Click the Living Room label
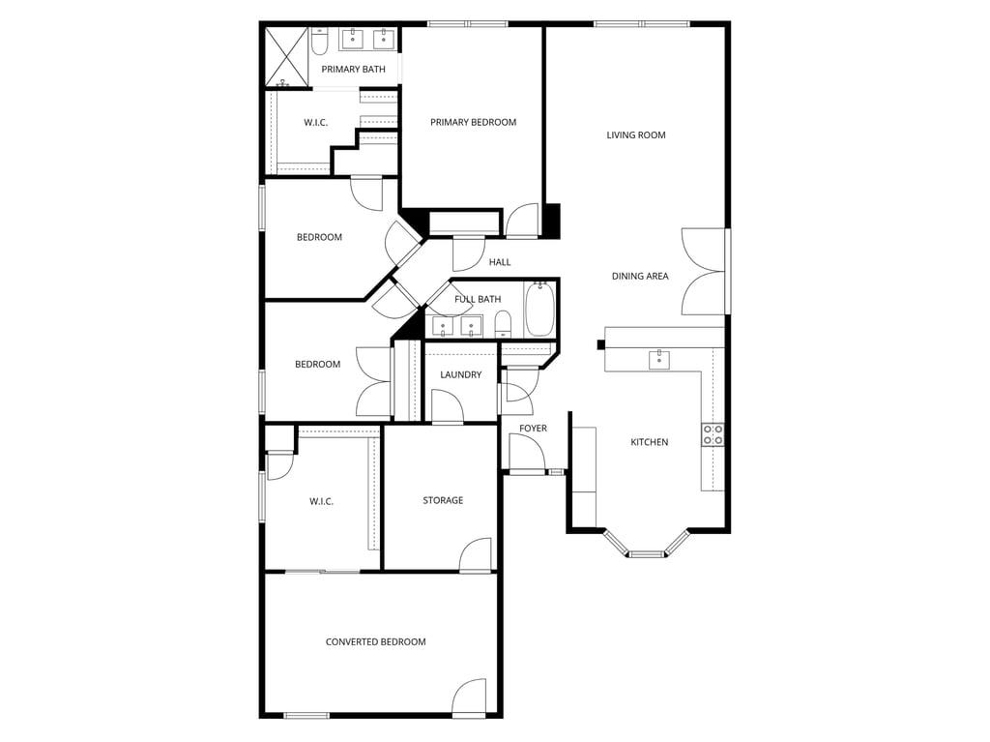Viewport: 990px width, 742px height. pyautogui.click(x=636, y=135)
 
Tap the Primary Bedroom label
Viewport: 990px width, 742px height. pyautogui.click(x=473, y=123)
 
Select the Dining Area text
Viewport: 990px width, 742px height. pyautogui.click(x=640, y=277)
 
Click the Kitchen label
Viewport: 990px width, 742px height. pyautogui.click(x=650, y=442)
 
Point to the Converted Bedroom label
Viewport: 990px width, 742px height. pyautogui.click(x=375, y=642)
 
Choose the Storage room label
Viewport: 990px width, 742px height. pyautogui.click(x=443, y=500)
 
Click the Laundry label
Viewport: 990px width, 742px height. pyautogui.click(x=460, y=374)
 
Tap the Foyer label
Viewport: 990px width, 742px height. pyautogui.click(x=533, y=429)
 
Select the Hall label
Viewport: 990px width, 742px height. pyautogui.click(x=500, y=262)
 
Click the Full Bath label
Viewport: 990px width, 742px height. pyautogui.click(x=478, y=299)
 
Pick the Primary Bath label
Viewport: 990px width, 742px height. pyautogui.click(x=353, y=70)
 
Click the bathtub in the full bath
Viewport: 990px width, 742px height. pyautogui.click(x=539, y=309)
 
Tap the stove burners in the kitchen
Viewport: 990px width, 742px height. pyautogui.click(x=713, y=434)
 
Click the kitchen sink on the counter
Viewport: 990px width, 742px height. pyautogui.click(x=660, y=360)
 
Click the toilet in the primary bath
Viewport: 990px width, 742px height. pyautogui.click(x=321, y=40)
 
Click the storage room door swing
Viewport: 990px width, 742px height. pyautogui.click(x=478, y=555)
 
